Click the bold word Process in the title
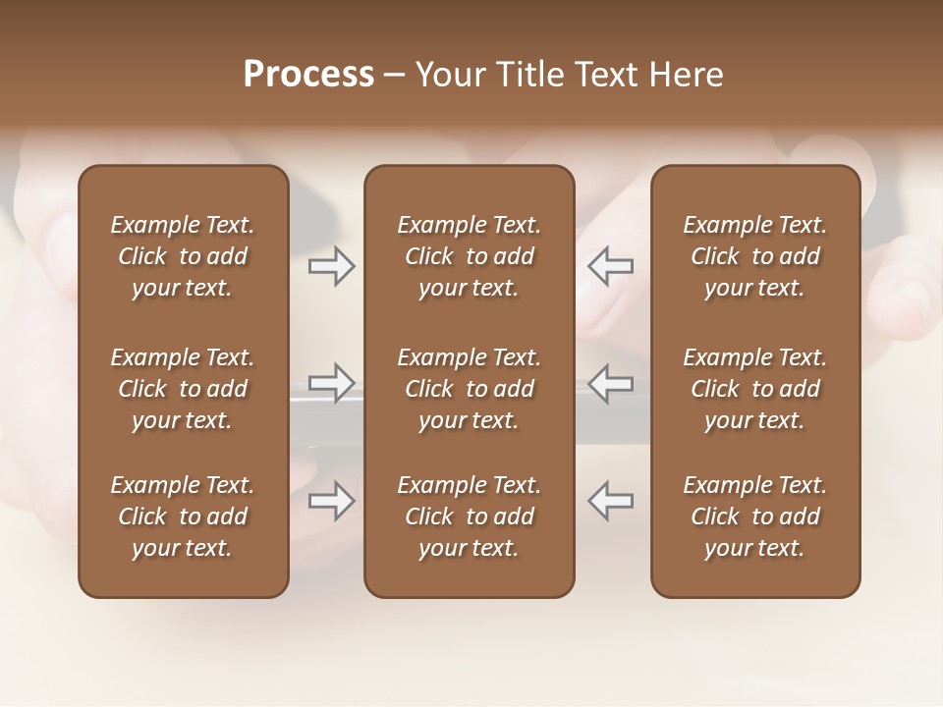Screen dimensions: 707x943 pos(308,75)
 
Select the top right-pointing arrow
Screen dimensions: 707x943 pos(331,266)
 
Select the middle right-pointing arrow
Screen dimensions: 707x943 pos(331,383)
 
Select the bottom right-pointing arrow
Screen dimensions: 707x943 pos(331,501)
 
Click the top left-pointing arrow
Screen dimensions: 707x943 pos(610,266)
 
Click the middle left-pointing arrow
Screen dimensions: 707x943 pos(610,383)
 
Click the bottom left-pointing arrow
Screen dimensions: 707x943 pos(610,501)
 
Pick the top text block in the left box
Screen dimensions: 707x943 pos(183,256)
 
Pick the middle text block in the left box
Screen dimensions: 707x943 pos(183,389)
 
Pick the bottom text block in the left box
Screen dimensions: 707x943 pos(183,517)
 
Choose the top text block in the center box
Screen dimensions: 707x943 pos(469,256)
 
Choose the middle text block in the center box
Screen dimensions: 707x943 pos(469,389)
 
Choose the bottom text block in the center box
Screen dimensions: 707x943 pos(469,517)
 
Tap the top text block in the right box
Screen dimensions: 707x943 pos(755,256)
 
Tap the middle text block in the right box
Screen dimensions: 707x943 pos(755,389)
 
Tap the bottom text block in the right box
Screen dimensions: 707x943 pos(755,517)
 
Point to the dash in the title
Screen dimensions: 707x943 pos(395,76)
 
